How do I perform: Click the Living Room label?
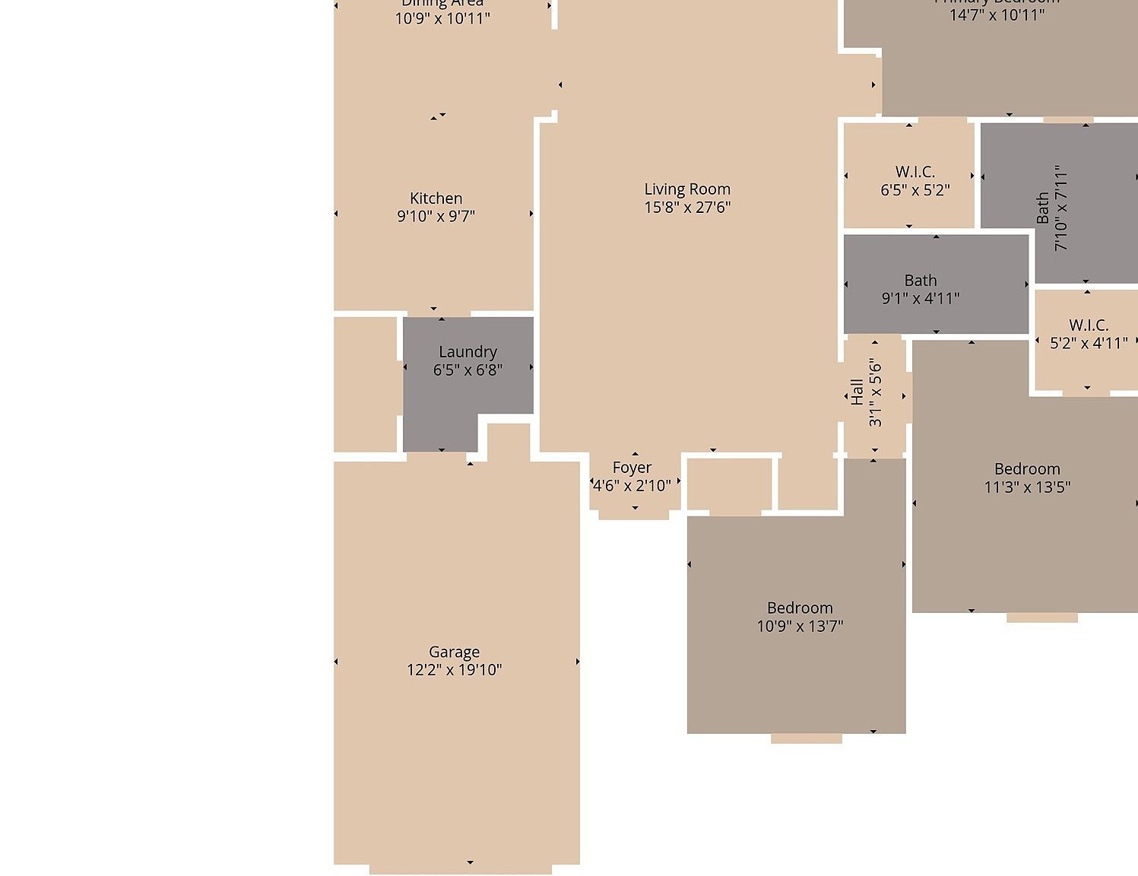[687, 189]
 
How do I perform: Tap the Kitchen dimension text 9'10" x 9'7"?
[436, 216]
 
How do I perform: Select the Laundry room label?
[468, 352]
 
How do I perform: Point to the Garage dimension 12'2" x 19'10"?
[454, 670]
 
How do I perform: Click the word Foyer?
[632, 468]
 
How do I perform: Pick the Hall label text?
[857, 392]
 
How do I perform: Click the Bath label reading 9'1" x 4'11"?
[921, 290]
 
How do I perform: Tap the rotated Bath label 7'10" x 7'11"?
[1052, 208]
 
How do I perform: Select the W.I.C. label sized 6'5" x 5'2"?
[915, 181]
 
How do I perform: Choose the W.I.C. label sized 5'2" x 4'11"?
[1089, 335]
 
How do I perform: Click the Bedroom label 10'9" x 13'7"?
[800, 617]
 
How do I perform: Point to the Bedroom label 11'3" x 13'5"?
[1027, 478]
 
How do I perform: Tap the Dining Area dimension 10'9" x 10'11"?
[442, 18]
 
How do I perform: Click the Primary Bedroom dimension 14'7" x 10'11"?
[997, 15]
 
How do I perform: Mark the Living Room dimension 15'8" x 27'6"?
[687, 207]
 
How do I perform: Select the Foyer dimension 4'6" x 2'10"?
[632, 485]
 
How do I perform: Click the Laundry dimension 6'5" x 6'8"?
[468, 370]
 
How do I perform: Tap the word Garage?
[454, 652]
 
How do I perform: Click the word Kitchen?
[436, 198]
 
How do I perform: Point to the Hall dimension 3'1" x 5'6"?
[876, 392]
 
